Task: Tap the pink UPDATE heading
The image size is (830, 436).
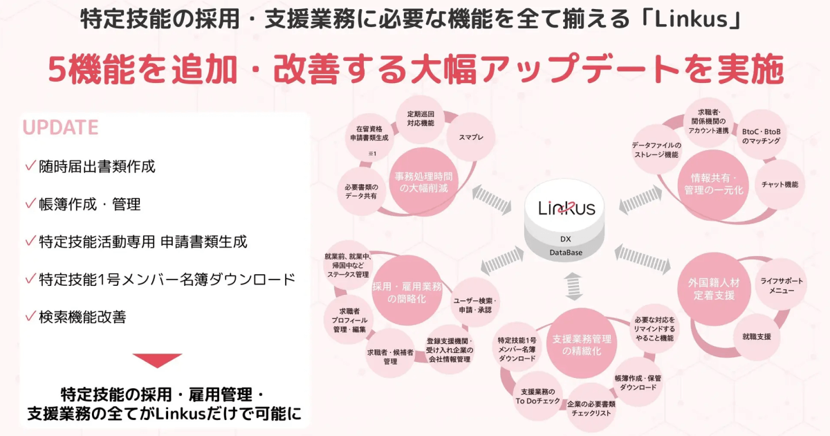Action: coord(61,128)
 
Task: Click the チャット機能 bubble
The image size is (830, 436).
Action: coord(780,184)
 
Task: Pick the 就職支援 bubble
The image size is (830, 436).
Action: coord(756,336)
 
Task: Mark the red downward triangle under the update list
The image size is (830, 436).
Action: coord(157,361)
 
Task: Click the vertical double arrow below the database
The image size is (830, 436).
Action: coord(572,286)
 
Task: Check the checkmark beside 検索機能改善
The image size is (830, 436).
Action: coord(30,316)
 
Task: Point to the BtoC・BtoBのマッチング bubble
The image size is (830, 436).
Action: coord(760,136)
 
